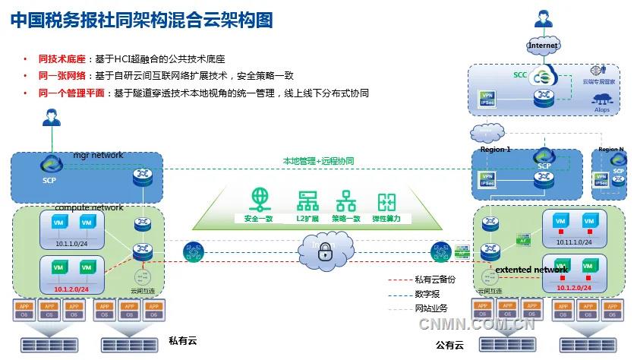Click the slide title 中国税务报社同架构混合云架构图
tap(141, 20)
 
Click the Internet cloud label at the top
tap(543, 46)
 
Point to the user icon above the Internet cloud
tap(543, 18)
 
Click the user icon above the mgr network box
tap(51, 118)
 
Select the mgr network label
tap(98, 156)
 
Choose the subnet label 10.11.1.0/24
tap(572, 241)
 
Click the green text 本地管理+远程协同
tap(318, 161)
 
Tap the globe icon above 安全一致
tap(260, 200)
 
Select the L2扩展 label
tap(307, 219)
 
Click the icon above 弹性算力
tap(387, 201)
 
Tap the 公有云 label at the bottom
tap(449, 345)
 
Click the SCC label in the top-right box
tap(520, 75)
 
